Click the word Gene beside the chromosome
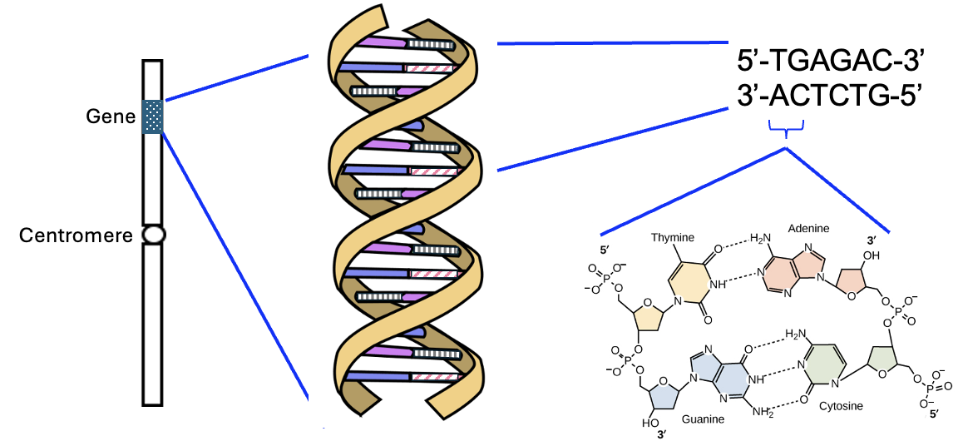110,116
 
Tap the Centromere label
76,235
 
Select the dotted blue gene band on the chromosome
153,116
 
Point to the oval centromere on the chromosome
153,235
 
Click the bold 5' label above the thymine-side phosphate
605,249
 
